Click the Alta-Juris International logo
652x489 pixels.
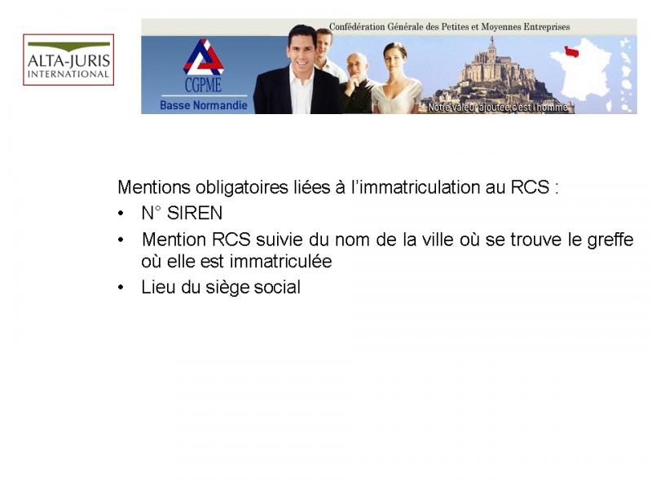68,59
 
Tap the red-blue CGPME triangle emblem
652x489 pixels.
203,57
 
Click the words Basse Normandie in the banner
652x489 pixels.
203,105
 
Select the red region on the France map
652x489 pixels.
571,51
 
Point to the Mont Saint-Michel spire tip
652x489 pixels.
492,37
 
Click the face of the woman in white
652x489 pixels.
394,59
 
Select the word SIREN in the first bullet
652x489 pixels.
195,214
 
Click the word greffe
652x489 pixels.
610,240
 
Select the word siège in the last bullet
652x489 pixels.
227,288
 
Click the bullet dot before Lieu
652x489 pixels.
121,288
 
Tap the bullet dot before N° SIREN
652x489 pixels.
121,214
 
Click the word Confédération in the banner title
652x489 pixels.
357,27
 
